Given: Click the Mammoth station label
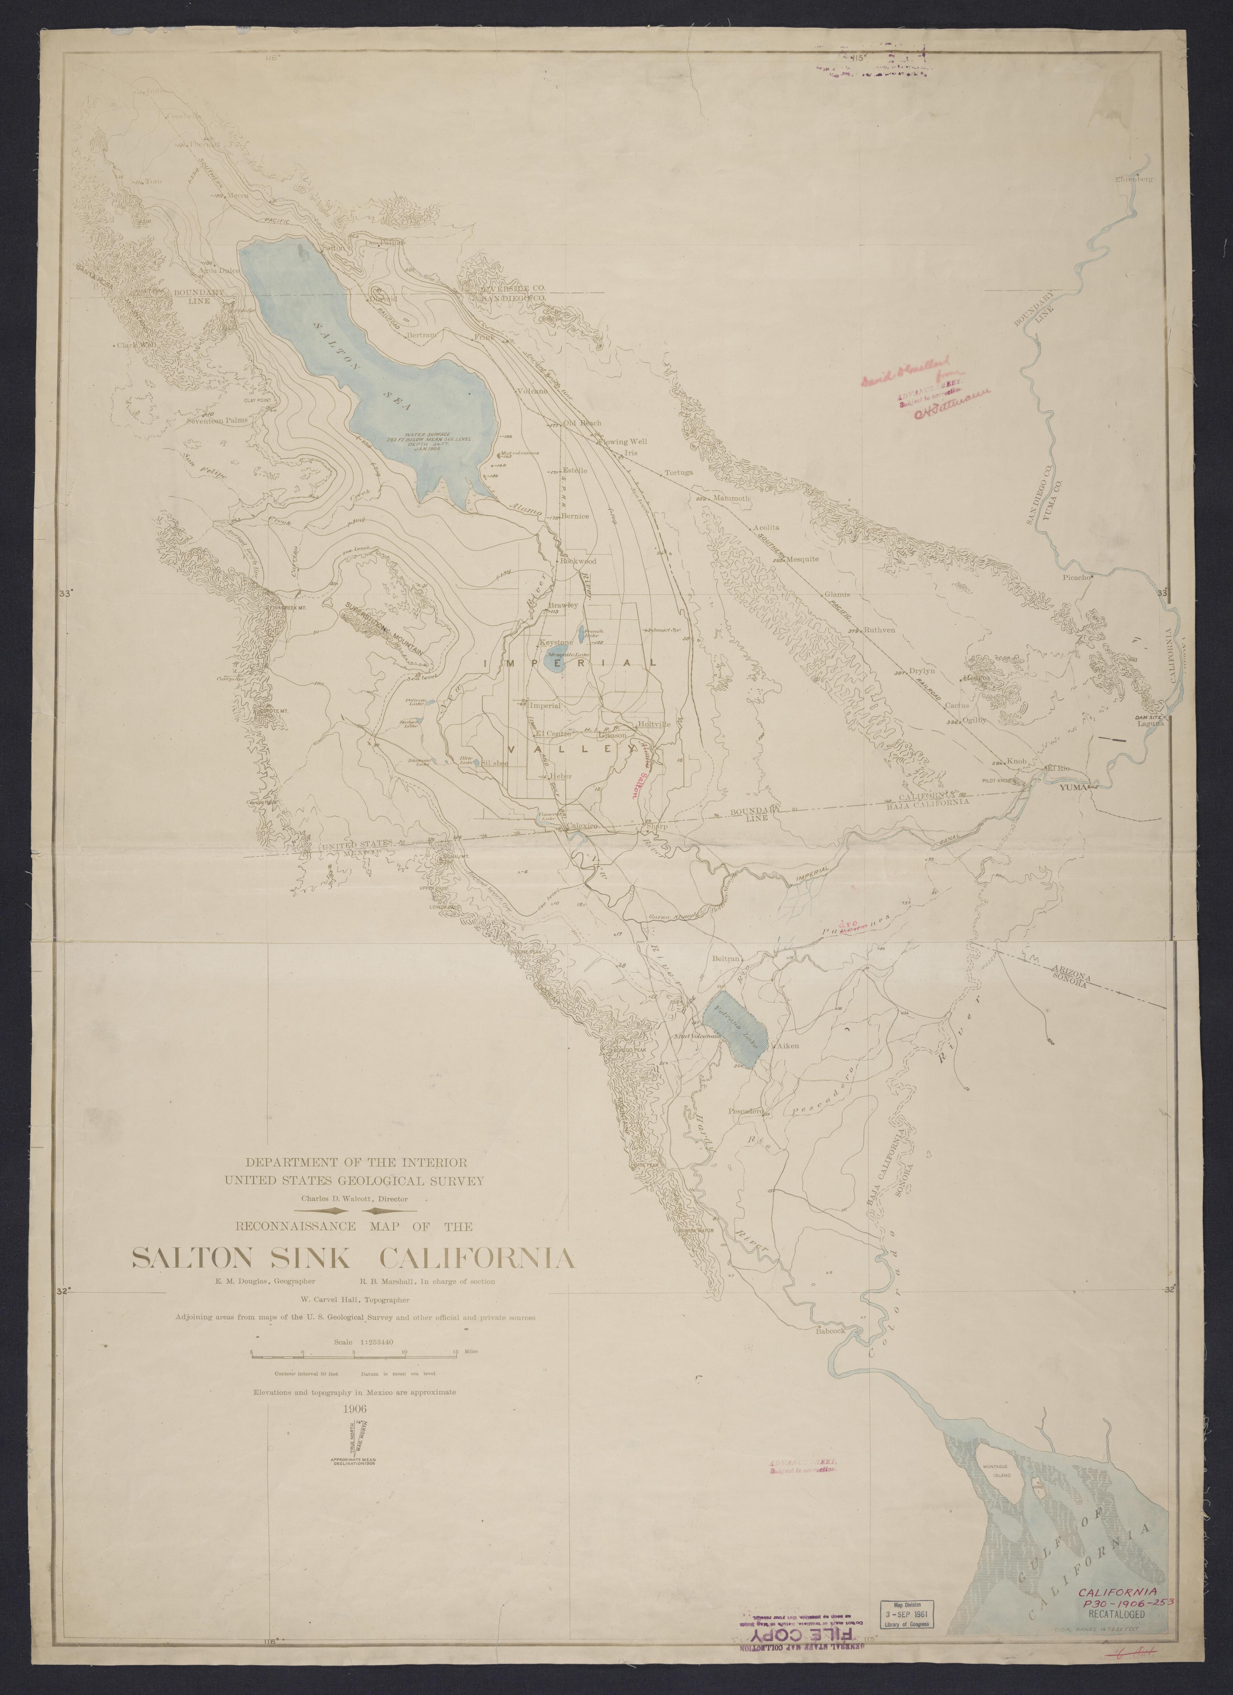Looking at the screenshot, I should pyautogui.click(x=730, y=498).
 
